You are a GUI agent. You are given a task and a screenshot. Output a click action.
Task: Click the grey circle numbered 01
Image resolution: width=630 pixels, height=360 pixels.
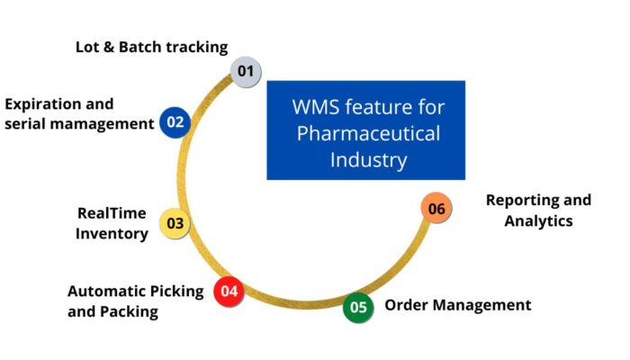coord(245,70)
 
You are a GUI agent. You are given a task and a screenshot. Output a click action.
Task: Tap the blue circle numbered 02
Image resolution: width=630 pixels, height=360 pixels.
coord(175,121)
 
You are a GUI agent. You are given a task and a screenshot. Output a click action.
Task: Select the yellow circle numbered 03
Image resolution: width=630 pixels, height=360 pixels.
coord(175,223)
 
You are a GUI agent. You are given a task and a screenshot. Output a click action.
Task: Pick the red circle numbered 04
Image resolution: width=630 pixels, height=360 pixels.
coord(229,291)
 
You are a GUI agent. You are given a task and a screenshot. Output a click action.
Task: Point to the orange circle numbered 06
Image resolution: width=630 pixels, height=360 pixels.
coord(436,209)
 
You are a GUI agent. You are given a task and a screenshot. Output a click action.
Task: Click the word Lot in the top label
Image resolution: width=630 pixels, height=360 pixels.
coord(88,47)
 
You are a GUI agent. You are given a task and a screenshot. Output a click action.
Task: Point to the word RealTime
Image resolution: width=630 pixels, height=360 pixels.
coord(112,213)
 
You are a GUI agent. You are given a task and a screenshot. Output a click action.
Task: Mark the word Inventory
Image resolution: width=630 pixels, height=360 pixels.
coord(112,233)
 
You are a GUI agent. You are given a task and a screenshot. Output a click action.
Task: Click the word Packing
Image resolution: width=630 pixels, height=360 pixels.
coord(130,311)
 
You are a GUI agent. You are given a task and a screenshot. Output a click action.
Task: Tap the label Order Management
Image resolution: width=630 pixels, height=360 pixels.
coord(457,305)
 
